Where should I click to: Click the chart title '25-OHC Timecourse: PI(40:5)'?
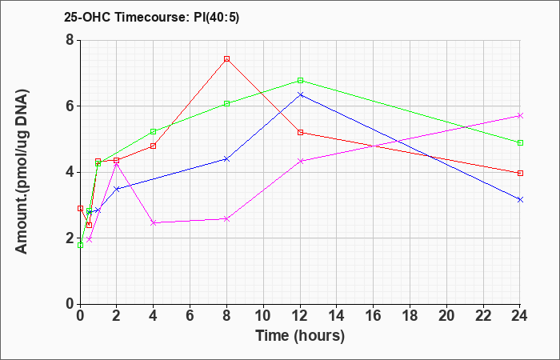click(151, 17)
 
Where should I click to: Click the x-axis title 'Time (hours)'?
click(300, 336)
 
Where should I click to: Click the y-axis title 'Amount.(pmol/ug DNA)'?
click(22, 172)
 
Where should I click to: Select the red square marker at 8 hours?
click(226, 59)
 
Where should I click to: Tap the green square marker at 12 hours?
click(300, 80)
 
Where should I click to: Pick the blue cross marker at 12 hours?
click(300, 94)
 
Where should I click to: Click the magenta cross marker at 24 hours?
click(520, 116)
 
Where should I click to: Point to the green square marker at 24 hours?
click(520, 143)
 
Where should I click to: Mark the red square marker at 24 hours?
click(520, 174)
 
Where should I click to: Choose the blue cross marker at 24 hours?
click(520, 200)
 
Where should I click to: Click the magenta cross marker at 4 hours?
click(154, 223)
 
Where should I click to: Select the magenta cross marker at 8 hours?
click(226, 219)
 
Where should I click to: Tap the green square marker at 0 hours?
click(80, 246)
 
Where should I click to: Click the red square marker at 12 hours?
click(300, 133)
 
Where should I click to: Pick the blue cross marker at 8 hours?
click(226, 159)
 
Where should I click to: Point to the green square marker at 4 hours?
click(154, 132)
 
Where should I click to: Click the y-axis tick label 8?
click(70, 40)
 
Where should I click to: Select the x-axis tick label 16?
click(374, 316)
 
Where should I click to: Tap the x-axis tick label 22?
click(483, 316)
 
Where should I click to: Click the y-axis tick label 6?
click(70, 106)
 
